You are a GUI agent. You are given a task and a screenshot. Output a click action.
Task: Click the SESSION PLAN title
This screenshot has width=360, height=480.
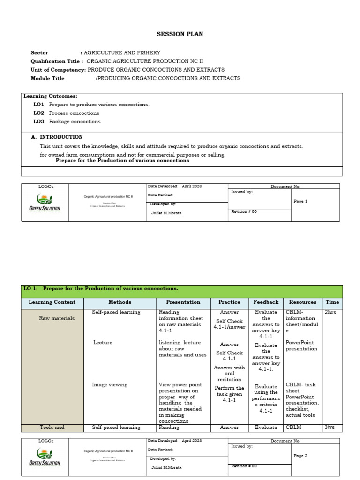pos(173,34)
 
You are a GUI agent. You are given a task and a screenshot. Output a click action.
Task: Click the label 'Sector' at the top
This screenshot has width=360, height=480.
pos(39,53)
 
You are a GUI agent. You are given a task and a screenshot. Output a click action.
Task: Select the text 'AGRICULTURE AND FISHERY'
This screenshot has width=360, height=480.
pos(122,53)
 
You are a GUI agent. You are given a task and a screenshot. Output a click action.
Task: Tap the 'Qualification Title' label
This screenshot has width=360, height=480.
pos(57,61)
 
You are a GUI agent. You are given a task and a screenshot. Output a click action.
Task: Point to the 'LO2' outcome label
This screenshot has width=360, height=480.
pos(38,113)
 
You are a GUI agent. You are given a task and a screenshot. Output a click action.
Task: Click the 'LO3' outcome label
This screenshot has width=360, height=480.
pos(38,121)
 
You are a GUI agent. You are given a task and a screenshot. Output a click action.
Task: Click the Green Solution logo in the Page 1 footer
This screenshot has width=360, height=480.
pos(45,203)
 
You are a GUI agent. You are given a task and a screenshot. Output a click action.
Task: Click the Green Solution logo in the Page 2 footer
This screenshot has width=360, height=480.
pos(45,457)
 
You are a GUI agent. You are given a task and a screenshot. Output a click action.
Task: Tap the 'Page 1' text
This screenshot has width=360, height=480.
pos(300,201)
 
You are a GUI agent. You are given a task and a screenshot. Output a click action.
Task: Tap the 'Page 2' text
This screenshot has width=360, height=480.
pos(300,456)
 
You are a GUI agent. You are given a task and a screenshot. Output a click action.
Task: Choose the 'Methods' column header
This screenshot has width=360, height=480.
pos(120,302)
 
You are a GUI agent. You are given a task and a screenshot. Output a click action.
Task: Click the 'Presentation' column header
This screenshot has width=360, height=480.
pos(183,302)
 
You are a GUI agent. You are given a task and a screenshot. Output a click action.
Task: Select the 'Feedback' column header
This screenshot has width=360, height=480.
pos(266,302)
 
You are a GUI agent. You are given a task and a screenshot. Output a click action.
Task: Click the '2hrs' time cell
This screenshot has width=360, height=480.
pos(330,312)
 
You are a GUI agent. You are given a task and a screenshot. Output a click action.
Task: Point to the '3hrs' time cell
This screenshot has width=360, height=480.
pos(330,427)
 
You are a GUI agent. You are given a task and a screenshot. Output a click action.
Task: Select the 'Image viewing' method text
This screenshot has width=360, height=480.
pos(110,385)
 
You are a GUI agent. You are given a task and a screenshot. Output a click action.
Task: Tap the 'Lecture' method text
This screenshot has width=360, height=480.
pos(103,343)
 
